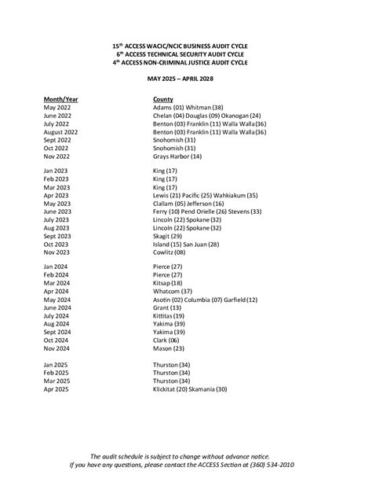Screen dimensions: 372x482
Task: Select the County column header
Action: pyautogui.click(x=163, y=100)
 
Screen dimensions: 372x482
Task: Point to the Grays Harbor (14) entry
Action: pyautogui.click(x=177, y=156)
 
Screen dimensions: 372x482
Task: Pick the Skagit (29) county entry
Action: pyautogui.click(x=168, y=236)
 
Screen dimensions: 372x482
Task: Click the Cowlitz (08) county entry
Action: pyautogui.click(x=170, y=252)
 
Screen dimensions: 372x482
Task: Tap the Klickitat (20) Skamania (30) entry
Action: pyautogui.click(x=191, y=389)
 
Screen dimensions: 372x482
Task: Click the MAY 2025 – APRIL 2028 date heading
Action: pyautogui.click(x=185, y=79)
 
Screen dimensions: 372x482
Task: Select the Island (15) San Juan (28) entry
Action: pyautogui.click(x=186, y=244)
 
